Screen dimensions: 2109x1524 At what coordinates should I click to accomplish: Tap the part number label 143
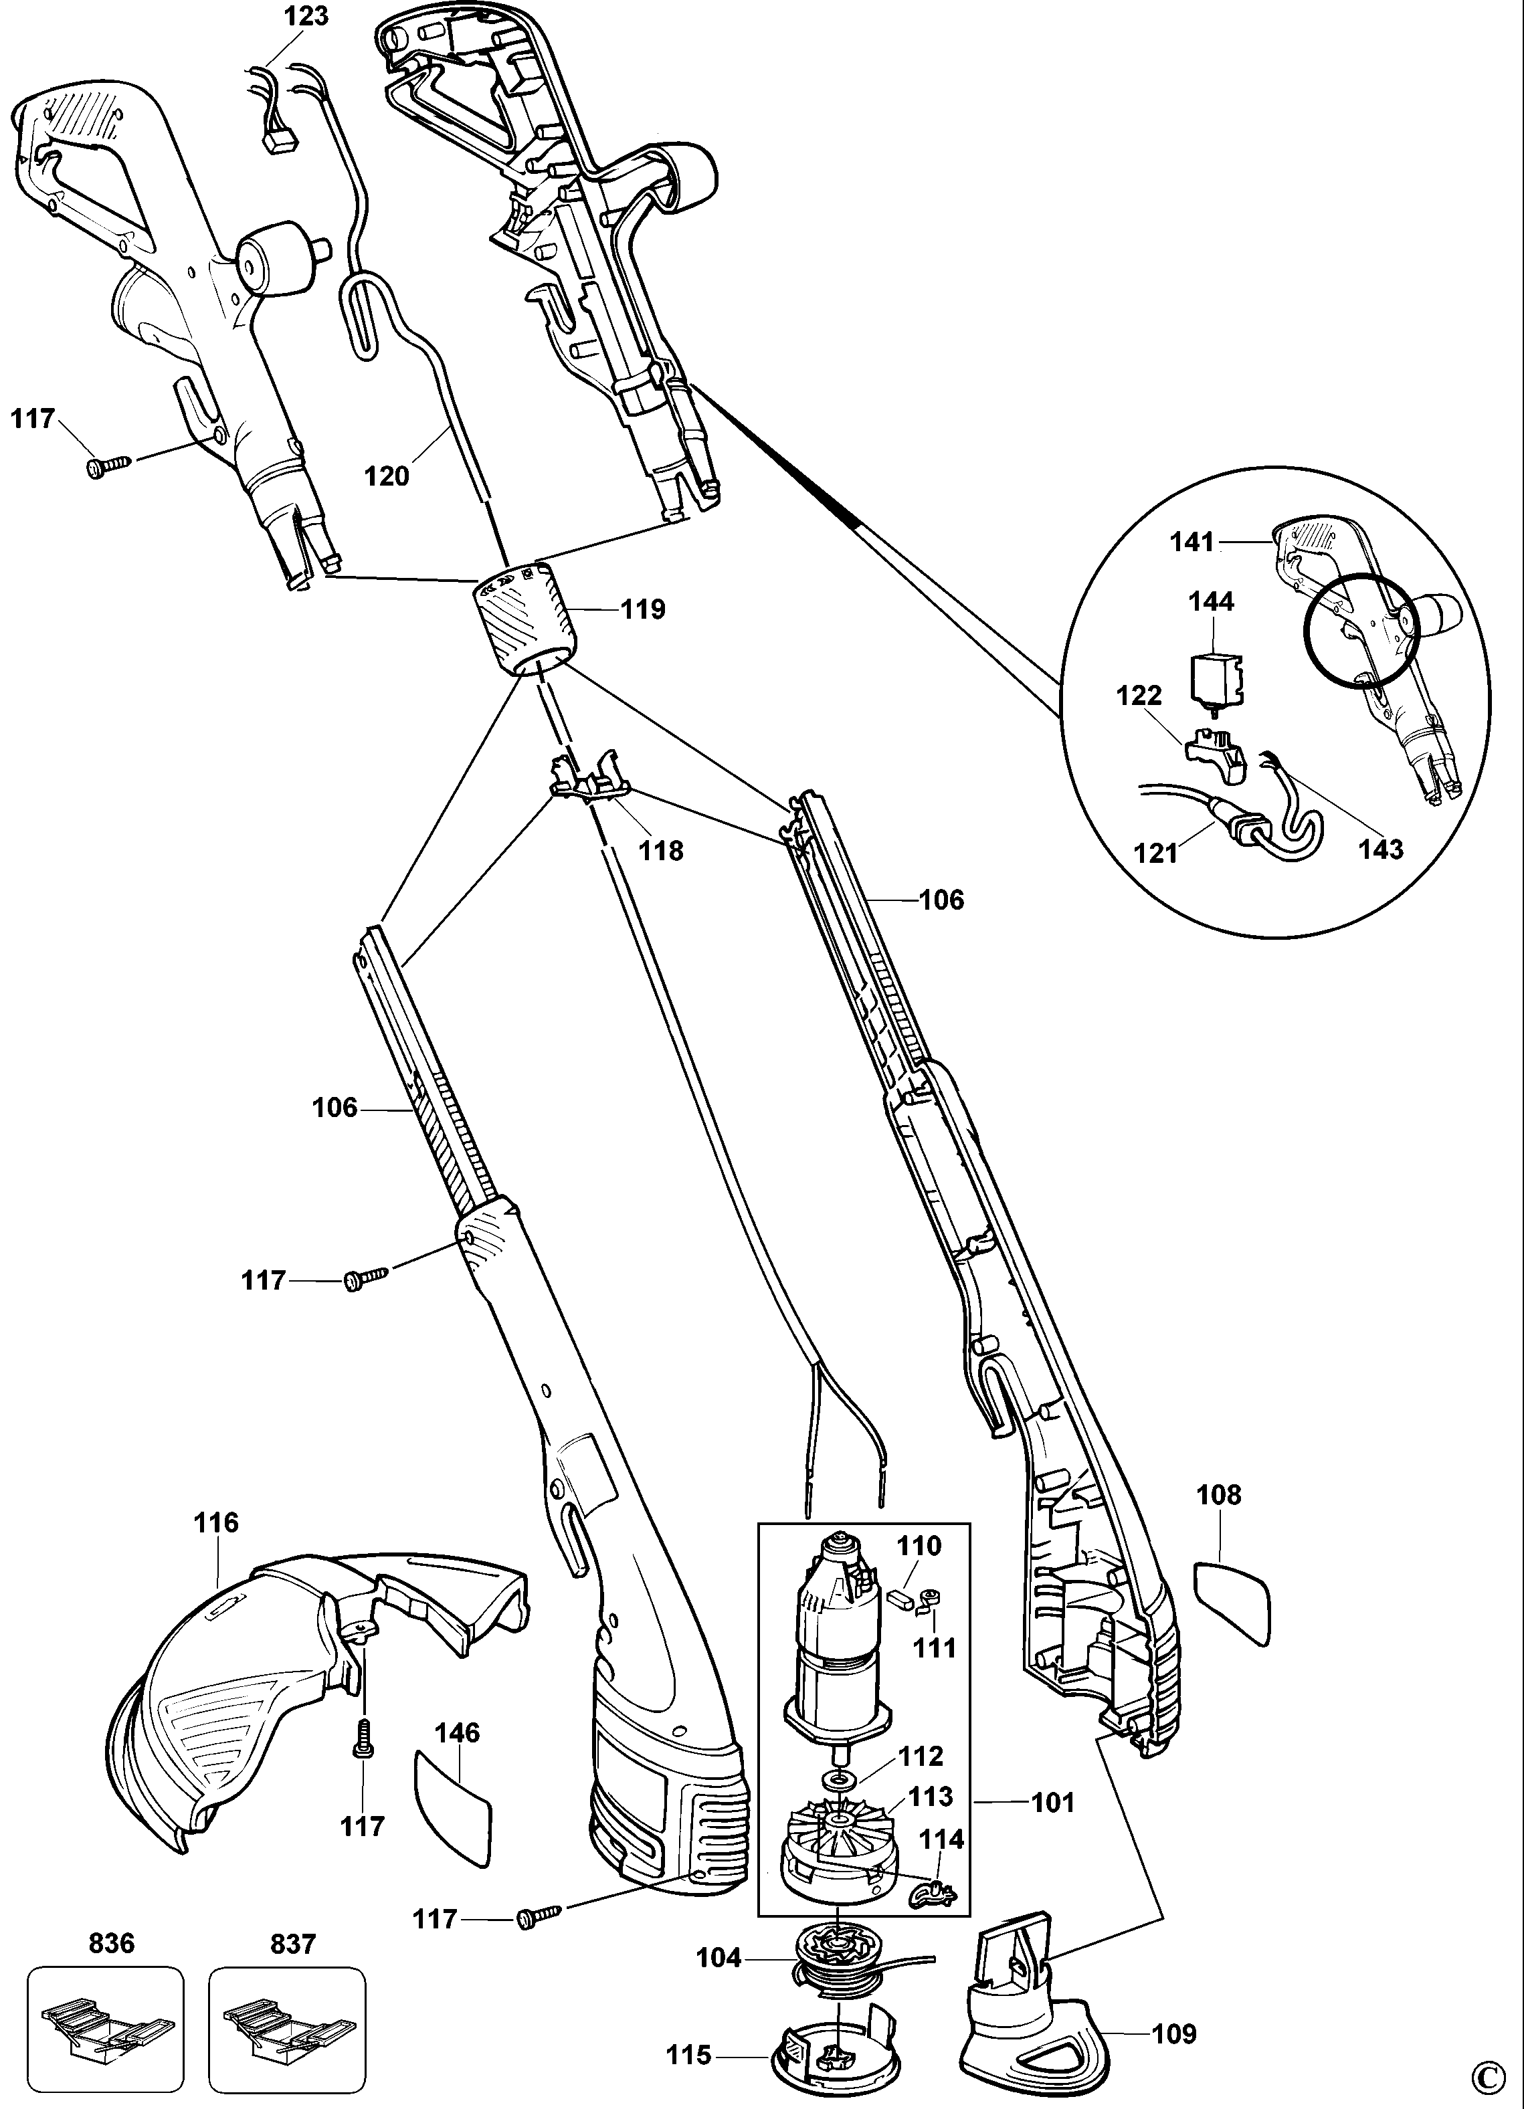click(1381, 848)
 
